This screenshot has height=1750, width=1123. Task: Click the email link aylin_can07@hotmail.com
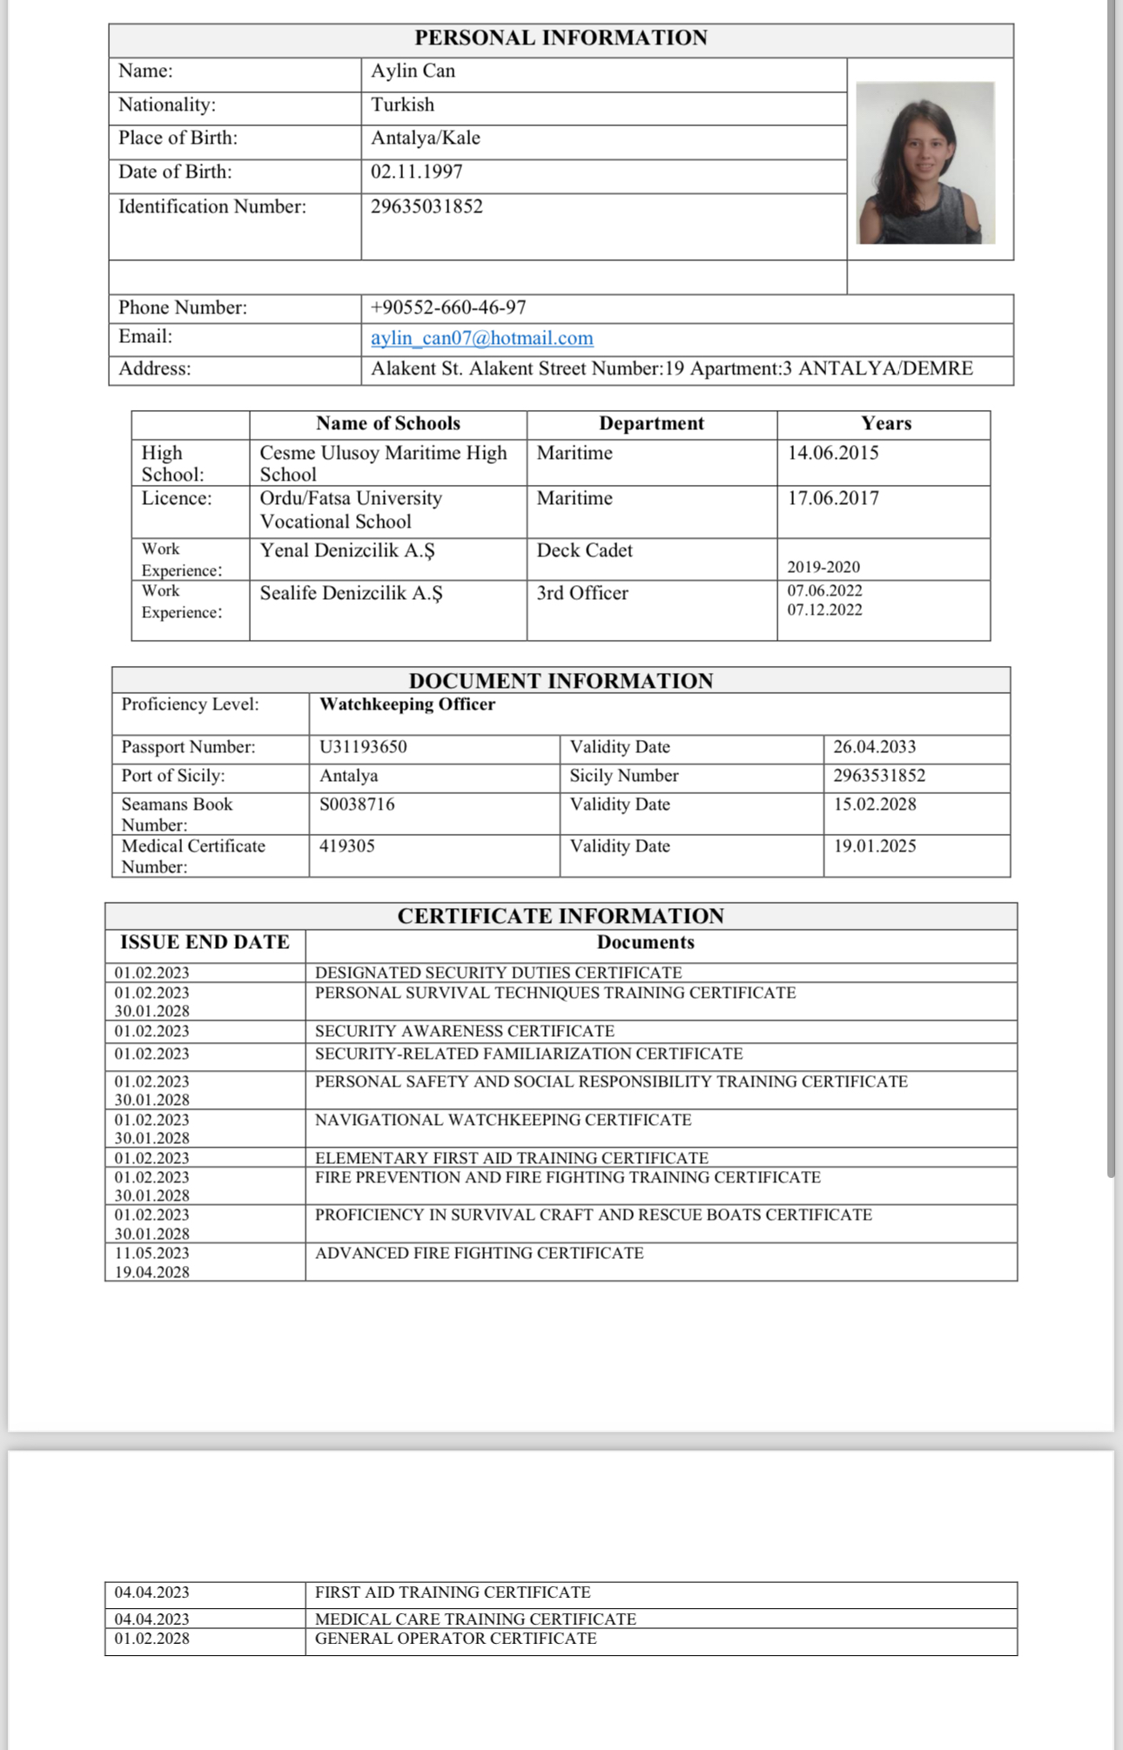point(481,338)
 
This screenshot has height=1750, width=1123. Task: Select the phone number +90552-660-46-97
point(448,307)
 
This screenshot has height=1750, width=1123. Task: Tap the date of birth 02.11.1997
point(416,172)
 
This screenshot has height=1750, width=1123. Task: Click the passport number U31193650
point(363,747)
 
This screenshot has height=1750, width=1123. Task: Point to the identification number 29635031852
point(427,206)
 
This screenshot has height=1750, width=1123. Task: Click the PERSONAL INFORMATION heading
point(561,38)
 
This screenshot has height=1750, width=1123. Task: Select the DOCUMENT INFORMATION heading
point(561,681)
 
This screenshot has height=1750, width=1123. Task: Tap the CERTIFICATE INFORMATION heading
point(561,916)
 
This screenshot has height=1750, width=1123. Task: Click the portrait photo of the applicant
point(925,163)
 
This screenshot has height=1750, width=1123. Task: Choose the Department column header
point(651,423)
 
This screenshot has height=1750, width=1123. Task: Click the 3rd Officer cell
point(582,593)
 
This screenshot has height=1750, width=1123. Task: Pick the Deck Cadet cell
point(584,550)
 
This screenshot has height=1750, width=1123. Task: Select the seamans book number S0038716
point(357,804)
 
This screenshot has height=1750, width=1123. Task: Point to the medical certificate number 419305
point(346,845)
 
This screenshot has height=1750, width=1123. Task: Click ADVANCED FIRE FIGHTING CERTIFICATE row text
point(479,1253)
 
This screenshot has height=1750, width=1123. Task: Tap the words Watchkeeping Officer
point(407,704)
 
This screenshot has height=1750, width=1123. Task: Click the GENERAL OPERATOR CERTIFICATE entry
point(455,1639)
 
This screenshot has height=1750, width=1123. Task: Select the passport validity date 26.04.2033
point(874,747)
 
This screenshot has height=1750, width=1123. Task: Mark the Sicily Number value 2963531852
point(879,776)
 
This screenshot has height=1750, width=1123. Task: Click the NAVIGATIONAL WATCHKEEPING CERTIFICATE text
point(503,1120)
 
